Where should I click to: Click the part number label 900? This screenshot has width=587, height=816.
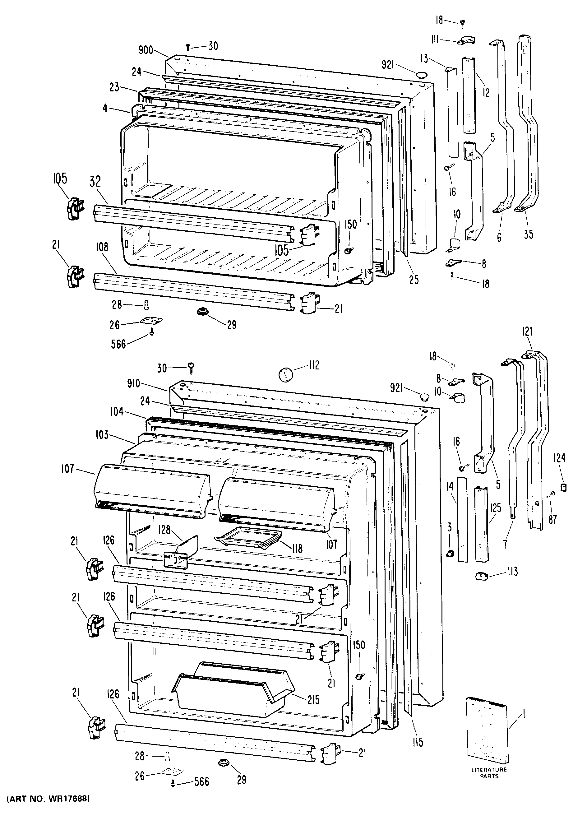pos(146,50)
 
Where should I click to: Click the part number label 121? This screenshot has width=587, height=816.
pos(527,331)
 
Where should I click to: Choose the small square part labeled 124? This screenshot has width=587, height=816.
pos(564,487)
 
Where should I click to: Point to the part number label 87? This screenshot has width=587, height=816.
pos(552,519)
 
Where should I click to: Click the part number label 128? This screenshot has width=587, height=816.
pos(164,530)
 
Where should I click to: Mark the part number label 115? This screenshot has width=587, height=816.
pos(418,742)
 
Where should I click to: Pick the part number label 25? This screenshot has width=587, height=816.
pos(414,280)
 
